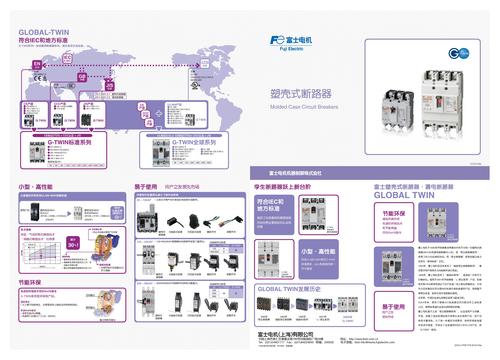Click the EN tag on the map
click(x=36, y=62)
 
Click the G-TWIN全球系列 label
click(x=194, y=143)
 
